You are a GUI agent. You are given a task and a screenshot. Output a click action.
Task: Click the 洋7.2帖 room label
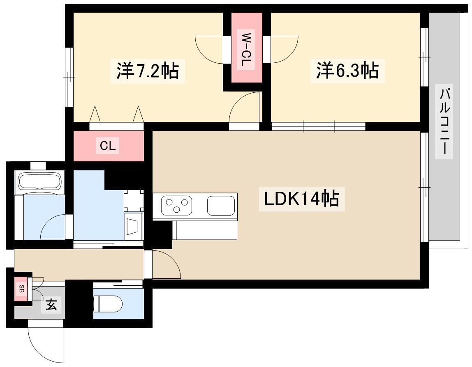pyautogui.click(x=148, y=71)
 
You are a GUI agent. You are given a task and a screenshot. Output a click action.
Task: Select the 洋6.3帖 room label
pyautogui.click(x=347, y=70)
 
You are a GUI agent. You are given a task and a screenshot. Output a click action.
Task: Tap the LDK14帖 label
pyautogui.click(x=302, y=198)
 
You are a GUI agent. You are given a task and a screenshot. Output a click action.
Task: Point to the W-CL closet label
pyautogui.click(x=245, y=50)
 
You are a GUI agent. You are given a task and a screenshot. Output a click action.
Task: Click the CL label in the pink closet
pyautogui.click(x=107, y=146)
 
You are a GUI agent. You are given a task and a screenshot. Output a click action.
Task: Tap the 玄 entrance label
pyautogui.click(x=51, y=305)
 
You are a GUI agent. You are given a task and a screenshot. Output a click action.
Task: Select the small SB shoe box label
pyautogui.click(x=21, y=289)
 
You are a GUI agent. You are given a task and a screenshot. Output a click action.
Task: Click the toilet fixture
pyautogui.click(x=108, y=304)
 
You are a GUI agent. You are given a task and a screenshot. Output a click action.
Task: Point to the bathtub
pyautogui.click(x=40, y=182)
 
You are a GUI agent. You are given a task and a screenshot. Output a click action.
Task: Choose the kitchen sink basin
pyautogui.click(x=221, y=206)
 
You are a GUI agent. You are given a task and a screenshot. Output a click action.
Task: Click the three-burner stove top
pyautogui.click(x=176, y=205)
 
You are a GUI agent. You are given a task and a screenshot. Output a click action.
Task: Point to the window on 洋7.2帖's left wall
pyautogui.click(x=69, y=77)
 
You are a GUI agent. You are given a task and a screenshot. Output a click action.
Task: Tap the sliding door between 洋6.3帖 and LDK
pyautogui.click(x=319, y=126)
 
